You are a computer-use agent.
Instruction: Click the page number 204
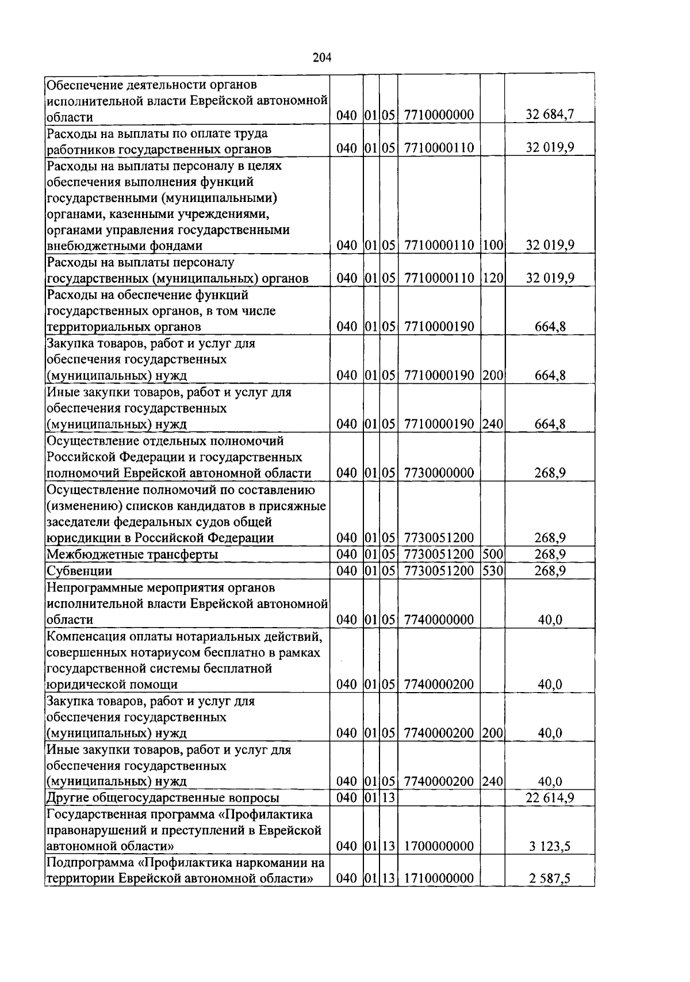[322, 58]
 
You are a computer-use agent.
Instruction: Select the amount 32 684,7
[550, 115]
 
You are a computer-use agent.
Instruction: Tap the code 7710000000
[439, 115]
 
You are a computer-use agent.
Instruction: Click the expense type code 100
[493, 246]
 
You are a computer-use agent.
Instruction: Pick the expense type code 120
[493, 278]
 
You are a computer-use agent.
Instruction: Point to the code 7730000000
[439, 473]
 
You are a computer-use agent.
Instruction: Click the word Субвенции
[79, 571]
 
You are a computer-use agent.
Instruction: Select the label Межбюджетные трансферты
[132, 555]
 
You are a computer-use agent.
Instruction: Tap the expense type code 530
[493, 571]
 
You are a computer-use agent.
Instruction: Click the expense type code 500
[493, 555]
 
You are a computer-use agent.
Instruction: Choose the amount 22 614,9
[550, 798]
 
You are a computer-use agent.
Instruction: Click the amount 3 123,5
[550, 846]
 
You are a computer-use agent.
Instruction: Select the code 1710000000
[439, 879]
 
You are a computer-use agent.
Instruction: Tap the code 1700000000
[439, 846]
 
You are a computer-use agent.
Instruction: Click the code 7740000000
[439, 620]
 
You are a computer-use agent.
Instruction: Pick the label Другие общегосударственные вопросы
[163, 798]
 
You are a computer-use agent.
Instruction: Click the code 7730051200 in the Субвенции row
[439, 571]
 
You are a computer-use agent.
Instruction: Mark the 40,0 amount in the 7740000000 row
[550, 620]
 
